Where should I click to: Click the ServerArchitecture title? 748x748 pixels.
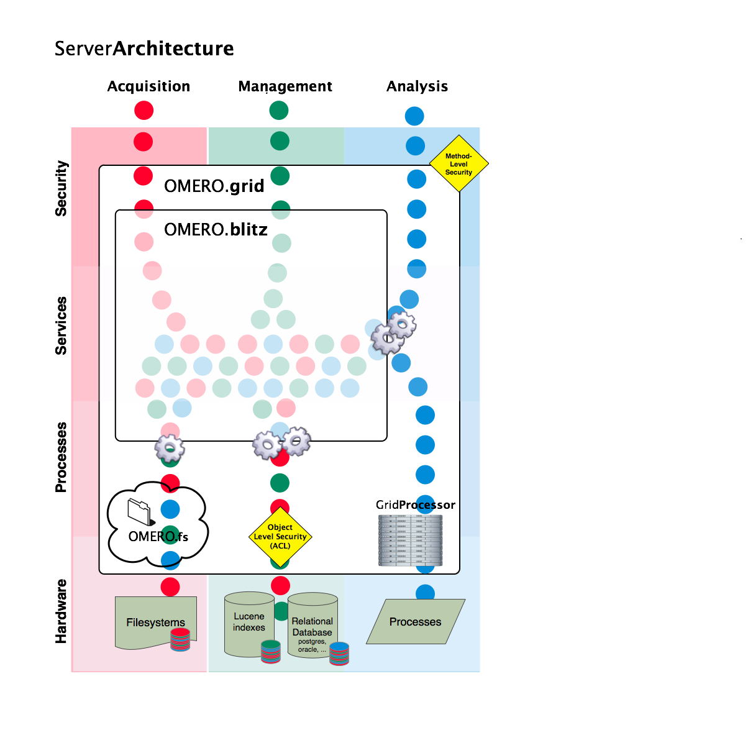click(x=144, y=48)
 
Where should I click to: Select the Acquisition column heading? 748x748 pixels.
click(x=148, y=86)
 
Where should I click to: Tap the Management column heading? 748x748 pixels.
click(x=285, y=86)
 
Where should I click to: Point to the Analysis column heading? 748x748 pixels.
click(x=417, y=86)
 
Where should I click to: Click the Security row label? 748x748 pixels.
click(x=61, y=188)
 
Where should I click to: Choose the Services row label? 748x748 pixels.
click(x=61, y=326)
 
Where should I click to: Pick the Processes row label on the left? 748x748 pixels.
click(x=61, y=457)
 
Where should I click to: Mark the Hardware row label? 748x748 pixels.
click(x=61, y=611)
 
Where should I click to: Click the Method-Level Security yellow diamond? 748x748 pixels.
click(x=459, y=164)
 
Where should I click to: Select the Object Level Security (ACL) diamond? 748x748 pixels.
click(x=280, y=537)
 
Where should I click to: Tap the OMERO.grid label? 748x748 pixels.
click(x=214, y=186)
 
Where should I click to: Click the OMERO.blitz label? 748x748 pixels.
click(x=216, y=230)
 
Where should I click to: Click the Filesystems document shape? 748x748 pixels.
click(x=152, y=622)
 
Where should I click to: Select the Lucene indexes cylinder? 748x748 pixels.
click(x=249, y=623)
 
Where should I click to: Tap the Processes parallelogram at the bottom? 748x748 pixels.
click(x=415, y=622)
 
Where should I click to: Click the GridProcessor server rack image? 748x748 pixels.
click(x=411, y=539)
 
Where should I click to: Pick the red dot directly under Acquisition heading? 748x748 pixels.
click(x=144, y=111)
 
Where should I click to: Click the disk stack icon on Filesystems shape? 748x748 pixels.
click(x=180, y=640)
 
